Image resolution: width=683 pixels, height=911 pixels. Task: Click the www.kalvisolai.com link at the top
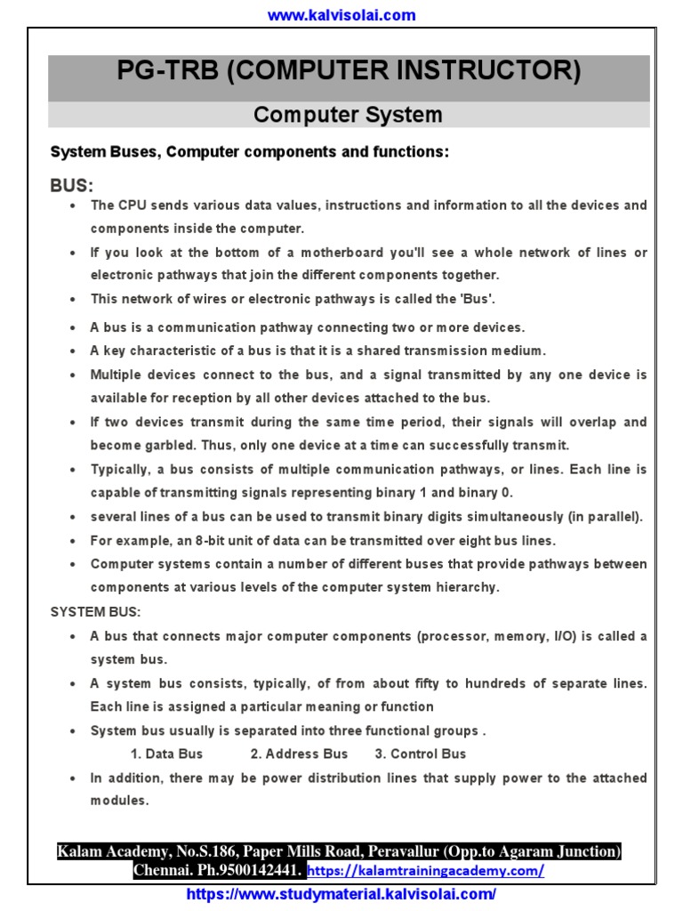pos(342,15)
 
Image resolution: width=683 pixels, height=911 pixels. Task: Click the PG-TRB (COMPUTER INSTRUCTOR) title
pos(349,71)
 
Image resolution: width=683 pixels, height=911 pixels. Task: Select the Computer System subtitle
pos(348,115)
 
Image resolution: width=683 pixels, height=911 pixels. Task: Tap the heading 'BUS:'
pos(71,185)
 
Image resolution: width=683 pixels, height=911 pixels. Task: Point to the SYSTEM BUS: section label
pos(95,612)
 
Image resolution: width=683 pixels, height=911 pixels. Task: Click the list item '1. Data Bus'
pos(167,754)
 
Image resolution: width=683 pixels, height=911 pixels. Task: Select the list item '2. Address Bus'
pos(299,754)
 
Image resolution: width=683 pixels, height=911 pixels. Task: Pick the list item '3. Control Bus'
pos(420,754)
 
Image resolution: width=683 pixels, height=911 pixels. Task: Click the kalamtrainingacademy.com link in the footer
pos(427,870)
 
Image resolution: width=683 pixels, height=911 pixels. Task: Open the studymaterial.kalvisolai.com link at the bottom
pos(341,894)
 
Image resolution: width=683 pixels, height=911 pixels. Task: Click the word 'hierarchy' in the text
pos(469,587)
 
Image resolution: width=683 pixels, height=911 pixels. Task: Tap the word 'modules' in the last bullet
pos(118,801)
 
